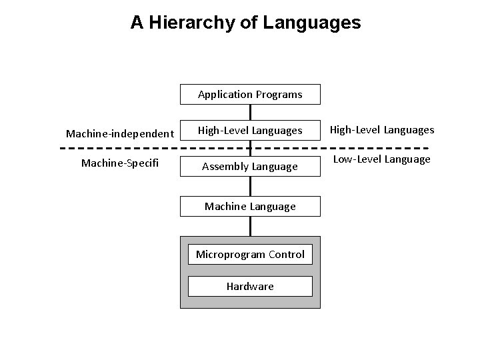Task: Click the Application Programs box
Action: [250, 95]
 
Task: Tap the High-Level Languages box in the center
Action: [250, 131]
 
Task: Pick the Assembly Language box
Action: [250, 167]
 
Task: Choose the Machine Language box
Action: [250, 207]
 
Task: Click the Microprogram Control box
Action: [250, 254]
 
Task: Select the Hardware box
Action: [250, 286]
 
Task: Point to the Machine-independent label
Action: [120, 134]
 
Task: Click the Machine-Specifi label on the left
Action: [120, 163]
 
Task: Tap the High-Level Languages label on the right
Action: [383, 130]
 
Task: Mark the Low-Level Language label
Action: [382, 159]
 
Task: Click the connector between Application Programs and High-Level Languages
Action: [251, 113]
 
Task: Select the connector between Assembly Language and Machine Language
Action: [251, 187]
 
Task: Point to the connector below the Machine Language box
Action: [251, 227]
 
